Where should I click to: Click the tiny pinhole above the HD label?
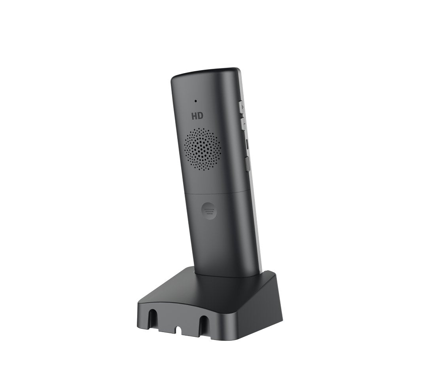(195, 101)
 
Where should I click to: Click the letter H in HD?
(194, 116)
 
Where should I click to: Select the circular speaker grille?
(204, 149)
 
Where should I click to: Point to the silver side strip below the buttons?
(256, 222)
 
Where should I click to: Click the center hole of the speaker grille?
(204, 149)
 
